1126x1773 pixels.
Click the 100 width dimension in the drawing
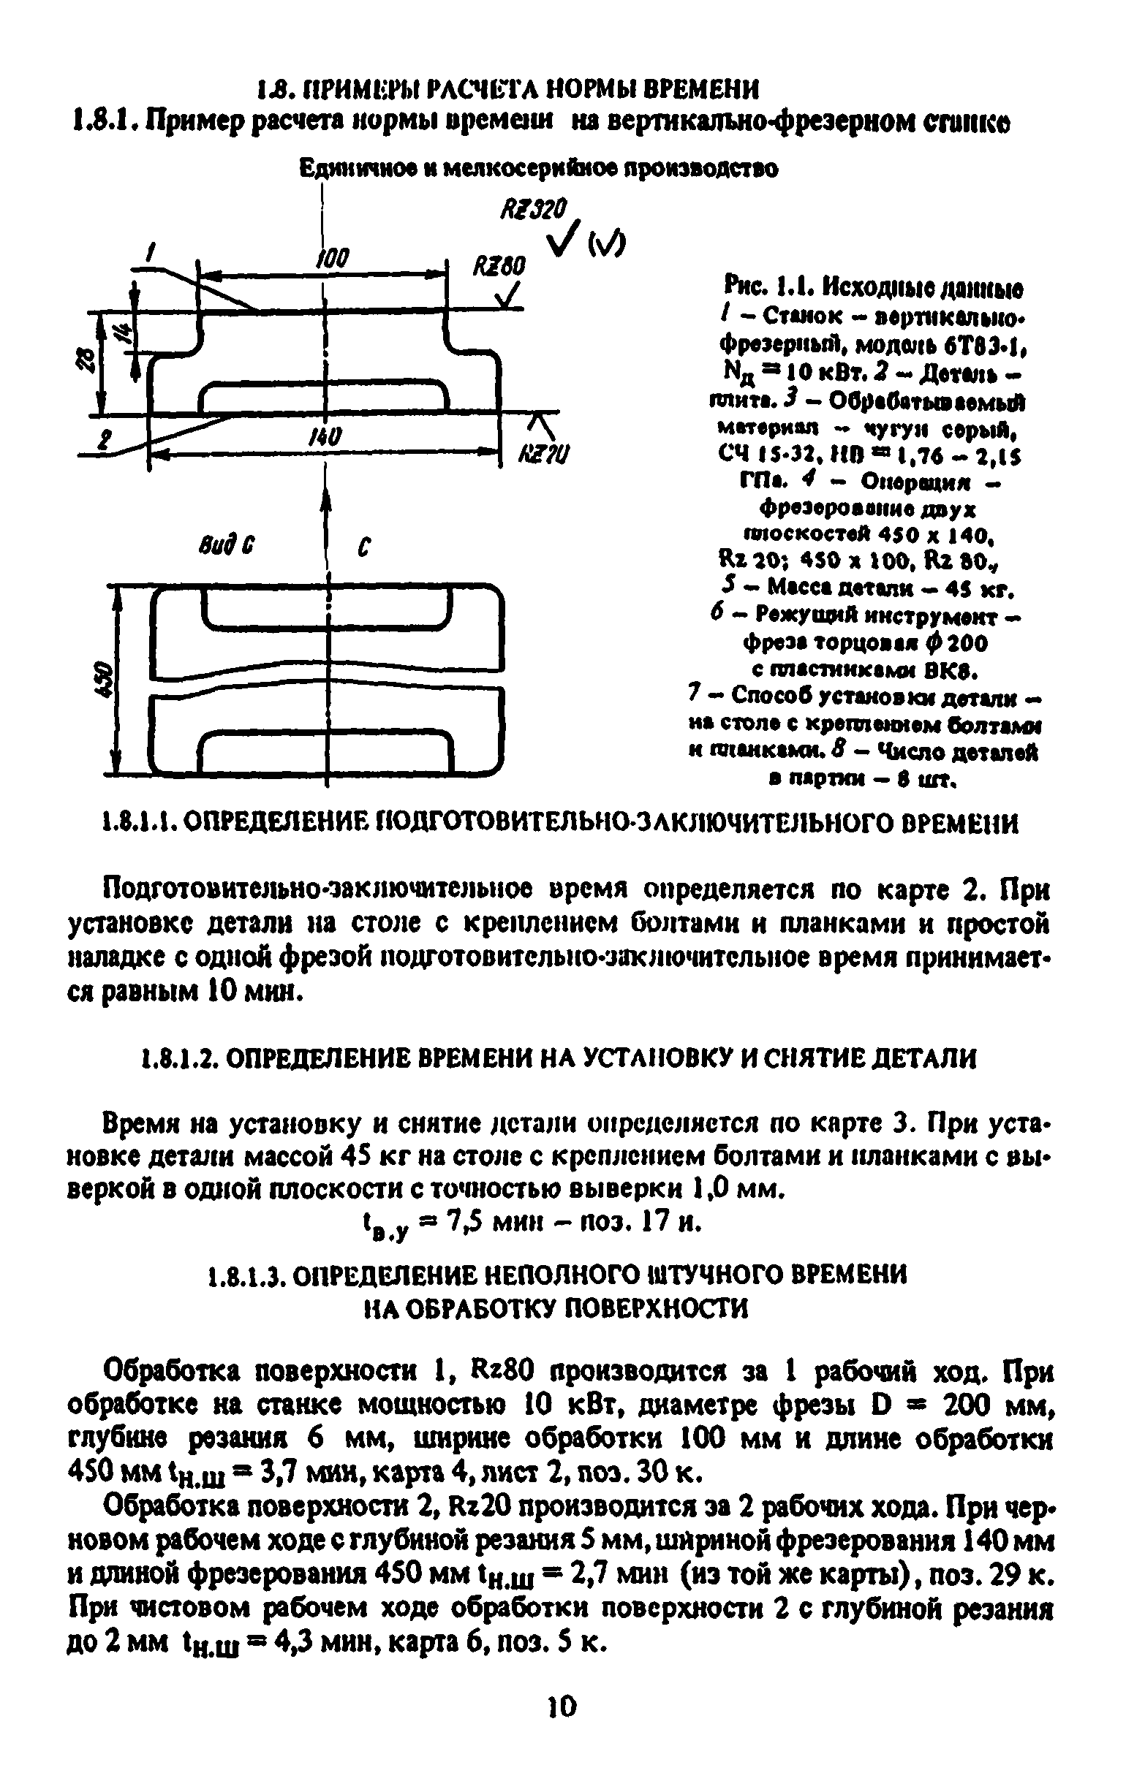point(332,258)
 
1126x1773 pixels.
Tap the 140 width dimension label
point(322,437)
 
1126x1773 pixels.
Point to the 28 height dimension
point(86,360)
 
